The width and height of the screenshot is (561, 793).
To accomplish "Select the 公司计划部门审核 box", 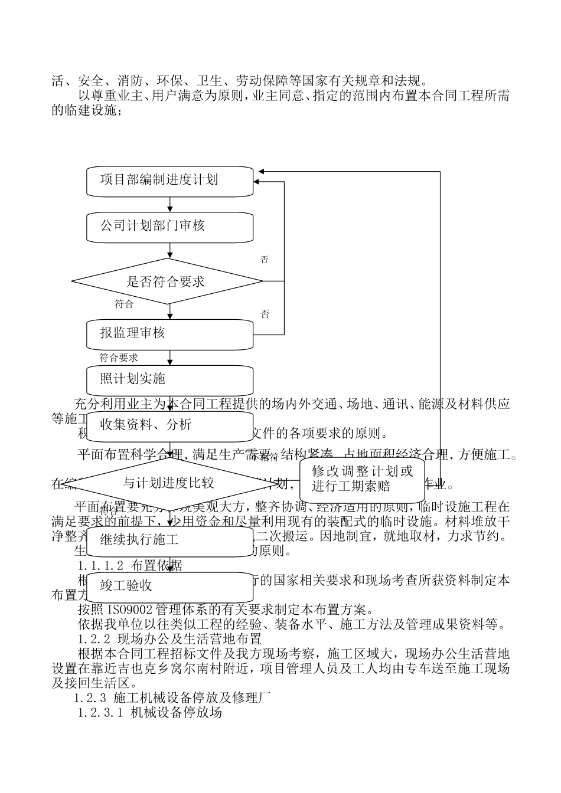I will coord(170,227).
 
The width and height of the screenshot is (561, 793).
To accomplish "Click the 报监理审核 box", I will coord(170,334).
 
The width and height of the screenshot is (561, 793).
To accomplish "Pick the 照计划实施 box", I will coord(170,379).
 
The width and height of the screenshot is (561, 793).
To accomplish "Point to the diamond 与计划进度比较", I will coord(169,483).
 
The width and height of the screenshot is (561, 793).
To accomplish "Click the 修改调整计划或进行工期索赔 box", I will coord(363,479).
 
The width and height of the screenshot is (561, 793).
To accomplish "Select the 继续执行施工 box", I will coord(170,540).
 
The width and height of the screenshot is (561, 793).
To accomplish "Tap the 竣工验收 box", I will coord(170,586).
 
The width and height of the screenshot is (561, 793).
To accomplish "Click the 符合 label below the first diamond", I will coord(124,304).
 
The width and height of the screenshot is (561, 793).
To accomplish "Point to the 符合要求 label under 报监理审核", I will coord(119,358).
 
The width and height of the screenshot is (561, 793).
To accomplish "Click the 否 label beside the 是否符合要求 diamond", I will coord(265,260).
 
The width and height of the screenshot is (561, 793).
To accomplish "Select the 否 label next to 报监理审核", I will coord(265,314).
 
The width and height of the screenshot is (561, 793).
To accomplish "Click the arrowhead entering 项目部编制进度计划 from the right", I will coord(261,172).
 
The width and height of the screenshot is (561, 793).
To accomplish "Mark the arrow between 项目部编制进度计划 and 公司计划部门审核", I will coord(170,205).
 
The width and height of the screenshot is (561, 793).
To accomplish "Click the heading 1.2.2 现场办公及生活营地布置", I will coord(169,638).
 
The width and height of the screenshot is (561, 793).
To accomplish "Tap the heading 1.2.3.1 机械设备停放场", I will coord(149,713).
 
